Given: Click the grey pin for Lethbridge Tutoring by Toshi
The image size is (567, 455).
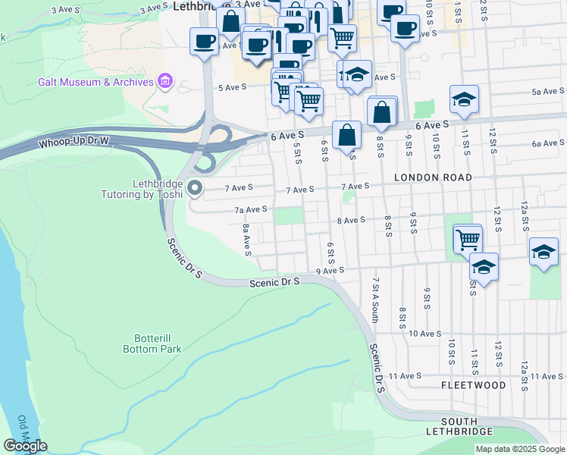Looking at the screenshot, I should pos(196,187).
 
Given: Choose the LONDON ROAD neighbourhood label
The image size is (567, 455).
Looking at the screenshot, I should pos(433,177).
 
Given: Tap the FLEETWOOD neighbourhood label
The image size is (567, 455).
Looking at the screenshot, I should pos(474,385).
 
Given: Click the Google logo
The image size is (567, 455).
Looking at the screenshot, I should pos(25,445).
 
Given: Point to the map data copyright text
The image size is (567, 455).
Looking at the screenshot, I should pos(518,449).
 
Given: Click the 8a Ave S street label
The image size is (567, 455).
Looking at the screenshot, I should pos(247,240).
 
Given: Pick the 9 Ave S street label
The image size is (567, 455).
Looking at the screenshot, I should pos(330,270).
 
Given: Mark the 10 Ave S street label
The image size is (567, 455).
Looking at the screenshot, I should pos(425,334).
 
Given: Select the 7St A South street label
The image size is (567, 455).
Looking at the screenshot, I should pos(374,298).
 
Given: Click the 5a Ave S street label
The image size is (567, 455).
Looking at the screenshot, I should pos(546,92).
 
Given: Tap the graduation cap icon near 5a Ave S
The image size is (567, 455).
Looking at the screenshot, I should pos(464,100).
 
